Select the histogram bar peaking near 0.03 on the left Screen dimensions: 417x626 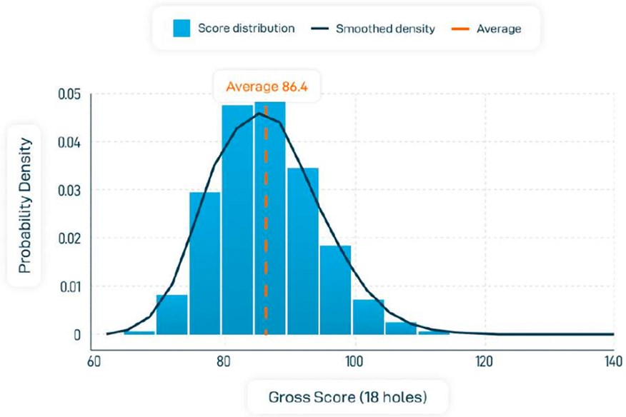[204, 264]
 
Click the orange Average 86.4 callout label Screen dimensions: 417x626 [266, 87]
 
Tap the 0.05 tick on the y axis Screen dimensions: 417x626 [69, 94]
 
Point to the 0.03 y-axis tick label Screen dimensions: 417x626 [69, 190]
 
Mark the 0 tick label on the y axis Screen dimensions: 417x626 [76, 334]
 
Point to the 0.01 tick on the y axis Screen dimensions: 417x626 [69, 286]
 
